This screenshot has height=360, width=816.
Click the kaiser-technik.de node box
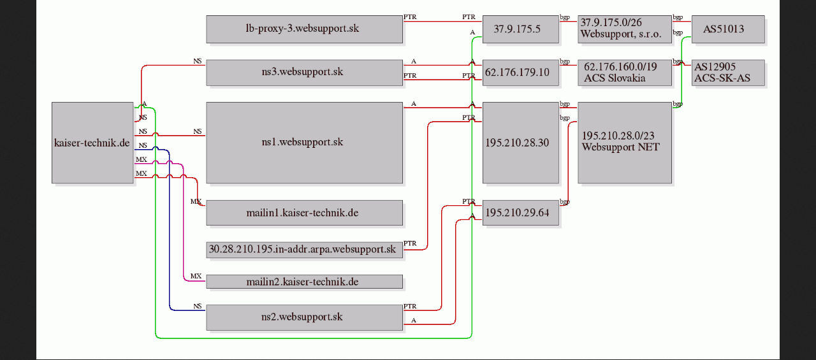(92, 143)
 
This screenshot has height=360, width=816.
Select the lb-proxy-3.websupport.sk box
(304, 29)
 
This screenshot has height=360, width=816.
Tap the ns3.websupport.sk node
(304, 72)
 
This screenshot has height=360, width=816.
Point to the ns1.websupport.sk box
(304, 142)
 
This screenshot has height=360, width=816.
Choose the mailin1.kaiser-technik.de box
(304, 213)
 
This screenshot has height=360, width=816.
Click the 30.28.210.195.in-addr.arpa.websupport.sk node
(304, 249)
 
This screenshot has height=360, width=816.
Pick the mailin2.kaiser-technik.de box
(304, 282)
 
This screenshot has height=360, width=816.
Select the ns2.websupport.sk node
(304, 317)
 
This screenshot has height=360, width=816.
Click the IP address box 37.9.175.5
(520, 29)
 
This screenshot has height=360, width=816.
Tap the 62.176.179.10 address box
(520, 73)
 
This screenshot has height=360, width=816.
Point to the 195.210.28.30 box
(520, 142)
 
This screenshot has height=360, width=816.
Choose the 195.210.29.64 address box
(520, 213)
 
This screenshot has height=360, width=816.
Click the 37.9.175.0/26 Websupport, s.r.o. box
(624, 29)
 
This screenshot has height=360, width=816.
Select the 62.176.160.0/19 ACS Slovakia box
(624, 73)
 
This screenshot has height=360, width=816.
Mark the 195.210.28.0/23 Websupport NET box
(624, 142)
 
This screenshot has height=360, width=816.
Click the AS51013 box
(727, 29)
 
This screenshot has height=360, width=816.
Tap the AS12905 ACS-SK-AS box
(727, 73)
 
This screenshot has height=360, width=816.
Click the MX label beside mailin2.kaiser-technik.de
(196, 277)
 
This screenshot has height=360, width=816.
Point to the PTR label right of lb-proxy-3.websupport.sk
(410, 17)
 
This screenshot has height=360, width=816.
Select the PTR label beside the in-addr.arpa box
(410, 244)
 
